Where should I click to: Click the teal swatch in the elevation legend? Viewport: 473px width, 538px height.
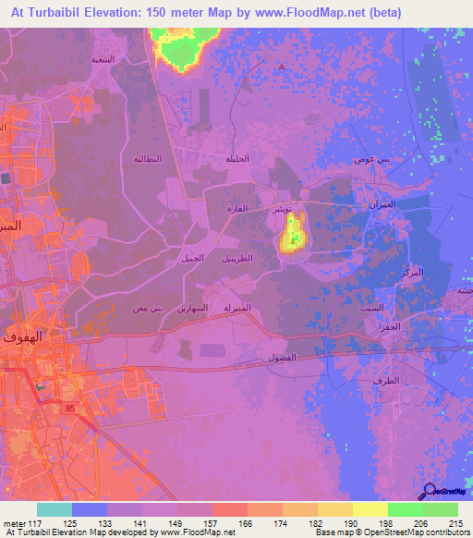tap(54, 509)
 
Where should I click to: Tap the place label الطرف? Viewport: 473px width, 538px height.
tap(390, 380)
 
